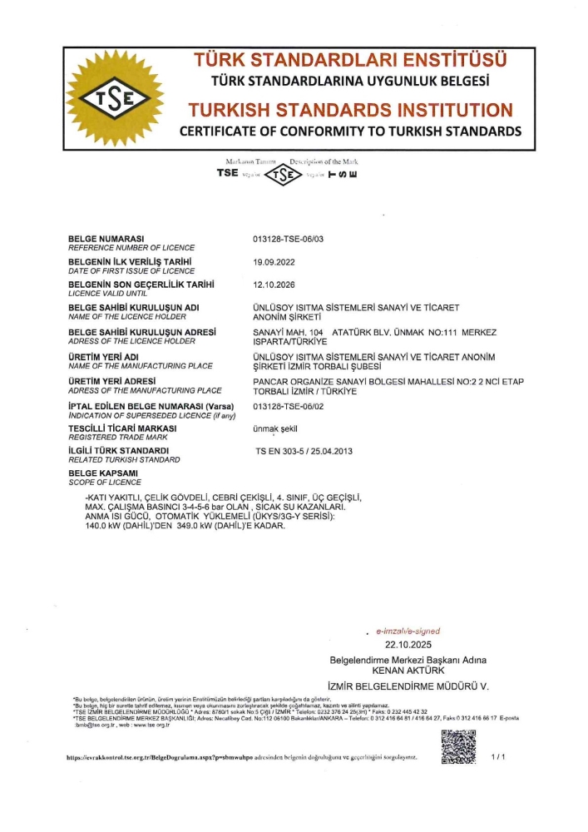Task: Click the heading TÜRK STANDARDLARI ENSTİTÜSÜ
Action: point(349,61)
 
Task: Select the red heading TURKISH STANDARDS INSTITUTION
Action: point(349,110)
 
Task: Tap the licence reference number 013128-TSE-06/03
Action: point(287,240)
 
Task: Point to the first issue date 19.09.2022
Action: point(274,262)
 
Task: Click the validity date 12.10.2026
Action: point(274,285)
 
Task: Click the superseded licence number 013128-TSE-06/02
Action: point(287,406)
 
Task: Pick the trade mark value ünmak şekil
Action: point(274,428)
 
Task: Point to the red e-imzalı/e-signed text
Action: point(408,631)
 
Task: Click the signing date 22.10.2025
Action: point(408,645)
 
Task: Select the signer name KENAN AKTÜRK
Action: point(408,670)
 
